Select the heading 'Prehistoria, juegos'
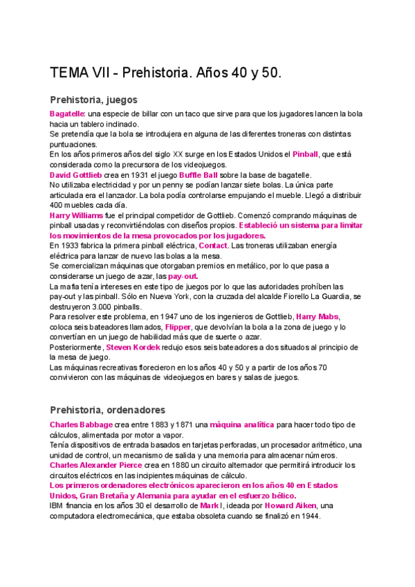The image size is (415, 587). point(93,99)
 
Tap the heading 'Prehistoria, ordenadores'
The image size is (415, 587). point(106,409)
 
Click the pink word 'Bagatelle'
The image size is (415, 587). point(66,114)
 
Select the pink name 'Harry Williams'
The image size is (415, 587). point(77,215)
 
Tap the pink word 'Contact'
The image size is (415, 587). point(213,246)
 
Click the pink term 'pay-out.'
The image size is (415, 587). point(183,276)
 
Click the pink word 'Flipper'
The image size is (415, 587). point(178,327)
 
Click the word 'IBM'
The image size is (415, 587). point(57,506)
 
